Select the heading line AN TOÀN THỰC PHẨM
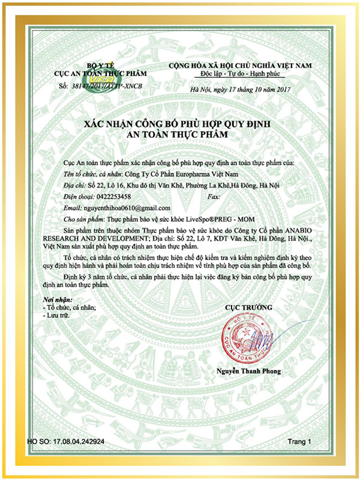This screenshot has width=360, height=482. pos(180,134)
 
